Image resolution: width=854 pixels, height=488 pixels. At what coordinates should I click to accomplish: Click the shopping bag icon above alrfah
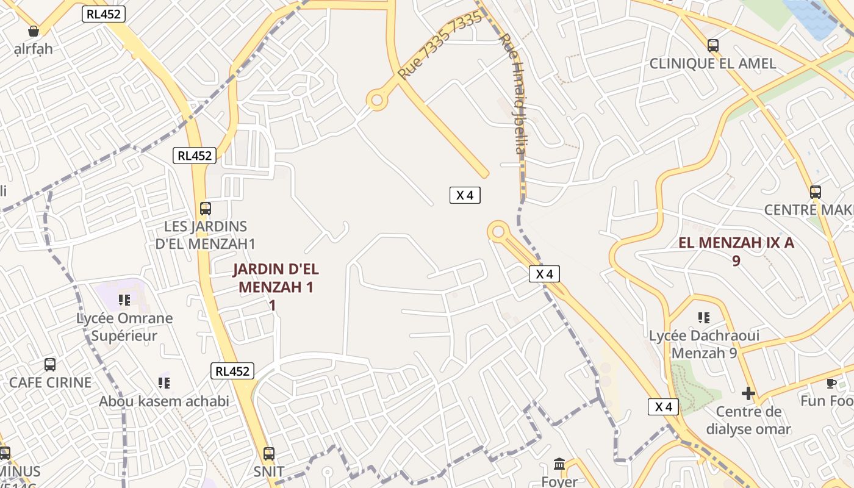click(x=34, y=31)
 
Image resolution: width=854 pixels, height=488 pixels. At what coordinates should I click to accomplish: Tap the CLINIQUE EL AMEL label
click(x=712, y=63)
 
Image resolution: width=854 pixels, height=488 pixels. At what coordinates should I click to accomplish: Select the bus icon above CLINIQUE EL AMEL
click(x=712, y=45)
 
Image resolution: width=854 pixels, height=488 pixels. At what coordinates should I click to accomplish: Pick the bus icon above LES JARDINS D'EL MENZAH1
click(x=206, y=209)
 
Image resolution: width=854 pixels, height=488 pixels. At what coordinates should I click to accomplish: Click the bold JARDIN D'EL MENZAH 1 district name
click(x=275, y=286)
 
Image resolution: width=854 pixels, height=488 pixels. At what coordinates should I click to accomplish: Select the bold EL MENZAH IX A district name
click(x=736, y=251)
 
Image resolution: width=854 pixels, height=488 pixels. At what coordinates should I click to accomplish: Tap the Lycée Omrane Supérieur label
click(x=124, y=327)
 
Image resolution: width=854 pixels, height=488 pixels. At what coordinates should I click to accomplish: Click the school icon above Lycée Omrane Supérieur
click(x=124, y=300)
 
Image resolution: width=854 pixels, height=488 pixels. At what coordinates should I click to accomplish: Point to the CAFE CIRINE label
click(x=50, y=382)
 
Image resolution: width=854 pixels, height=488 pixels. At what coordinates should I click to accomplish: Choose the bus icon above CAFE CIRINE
click(x=50, y=365)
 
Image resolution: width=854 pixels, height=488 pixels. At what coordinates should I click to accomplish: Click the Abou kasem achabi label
click(x=164, y=401)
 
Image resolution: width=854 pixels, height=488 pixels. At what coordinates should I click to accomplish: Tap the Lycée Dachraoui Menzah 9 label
click(x=704, y=344)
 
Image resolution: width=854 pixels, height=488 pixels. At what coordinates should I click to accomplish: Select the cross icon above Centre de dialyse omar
click(x=748, y=393)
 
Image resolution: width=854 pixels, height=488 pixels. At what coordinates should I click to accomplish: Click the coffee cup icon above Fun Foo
click(x=831, y=383)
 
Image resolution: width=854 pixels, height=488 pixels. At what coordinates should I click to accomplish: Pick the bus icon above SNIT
click(x=269, y=454)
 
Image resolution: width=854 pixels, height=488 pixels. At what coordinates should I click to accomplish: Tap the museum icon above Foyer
click(x=559, y=464)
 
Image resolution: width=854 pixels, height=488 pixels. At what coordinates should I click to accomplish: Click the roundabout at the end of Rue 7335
click(x=378, y=99)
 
